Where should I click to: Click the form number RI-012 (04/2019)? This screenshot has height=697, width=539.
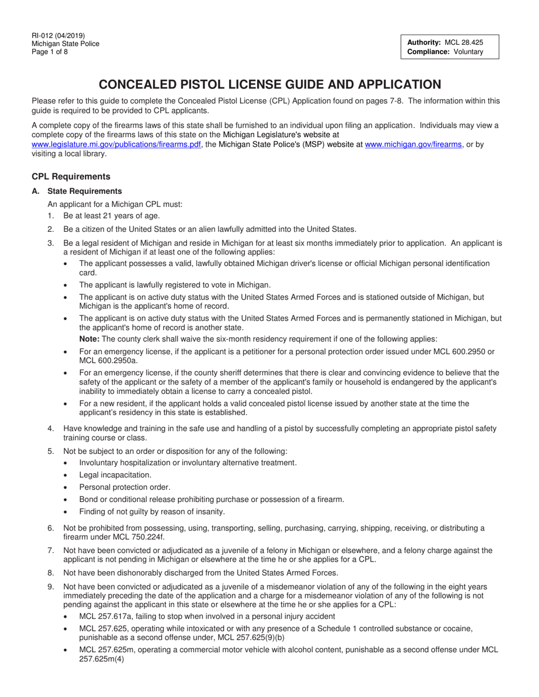[58, 36]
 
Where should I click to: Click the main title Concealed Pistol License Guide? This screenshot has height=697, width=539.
[269, 84]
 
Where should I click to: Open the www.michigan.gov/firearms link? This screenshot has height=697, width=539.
[414, 144]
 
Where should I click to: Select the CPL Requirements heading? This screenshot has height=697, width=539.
[71, 176]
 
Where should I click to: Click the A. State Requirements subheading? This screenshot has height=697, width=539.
[84, 191]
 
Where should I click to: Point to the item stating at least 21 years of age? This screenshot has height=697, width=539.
[111, 216]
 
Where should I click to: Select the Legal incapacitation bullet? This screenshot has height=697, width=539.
[115, 475]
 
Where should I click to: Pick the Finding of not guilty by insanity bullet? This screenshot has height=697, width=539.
[152, 512]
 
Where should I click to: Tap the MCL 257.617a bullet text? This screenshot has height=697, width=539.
[207, 616]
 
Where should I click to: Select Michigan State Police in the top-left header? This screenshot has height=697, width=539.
[65, 44]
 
